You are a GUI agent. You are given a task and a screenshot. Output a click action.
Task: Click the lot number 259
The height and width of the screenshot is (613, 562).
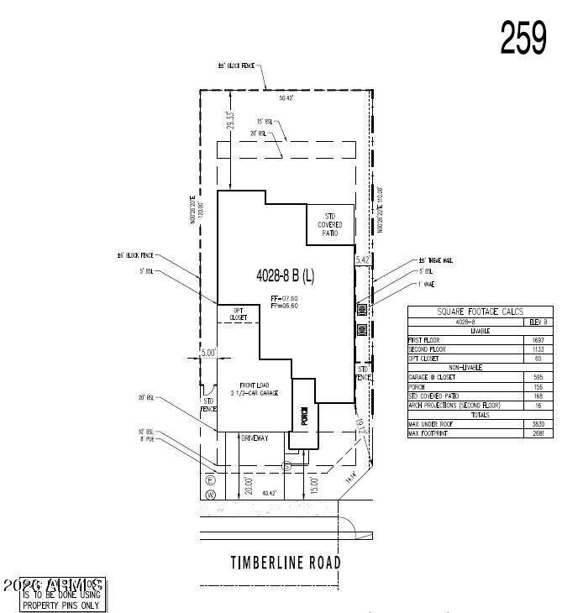(523, 36)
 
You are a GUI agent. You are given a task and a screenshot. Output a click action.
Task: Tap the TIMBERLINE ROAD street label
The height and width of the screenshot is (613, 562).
(286, 563)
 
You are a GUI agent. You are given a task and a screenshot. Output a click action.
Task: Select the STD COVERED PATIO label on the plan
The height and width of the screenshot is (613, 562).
(329, 224)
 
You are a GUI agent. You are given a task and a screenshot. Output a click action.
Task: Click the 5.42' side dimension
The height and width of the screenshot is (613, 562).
(362, 260)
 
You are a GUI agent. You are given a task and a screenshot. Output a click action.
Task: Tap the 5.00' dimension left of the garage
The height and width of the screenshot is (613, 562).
(207, 353)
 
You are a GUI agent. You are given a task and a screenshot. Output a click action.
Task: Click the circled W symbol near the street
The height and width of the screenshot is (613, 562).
(211, 496)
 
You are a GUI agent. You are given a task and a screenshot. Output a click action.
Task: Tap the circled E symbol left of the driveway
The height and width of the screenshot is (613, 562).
(211, 480)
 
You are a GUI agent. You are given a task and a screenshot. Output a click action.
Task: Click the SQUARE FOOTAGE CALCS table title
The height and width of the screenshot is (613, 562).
(481, 311)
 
